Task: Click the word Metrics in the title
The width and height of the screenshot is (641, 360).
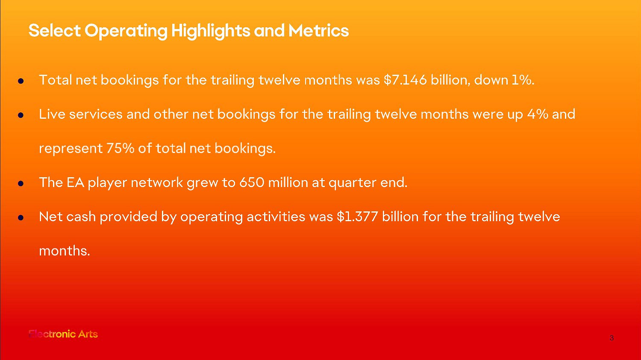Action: [x=318, y=31]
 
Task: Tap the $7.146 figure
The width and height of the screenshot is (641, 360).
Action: [x=405, y=80]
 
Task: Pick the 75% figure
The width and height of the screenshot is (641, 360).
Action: [x=120, y=148]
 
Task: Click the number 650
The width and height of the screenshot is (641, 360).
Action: [x=252, y=182]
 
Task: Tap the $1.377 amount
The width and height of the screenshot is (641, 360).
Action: [x=357, y=217]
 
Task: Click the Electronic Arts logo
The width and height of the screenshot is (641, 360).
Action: [x=63, y=334]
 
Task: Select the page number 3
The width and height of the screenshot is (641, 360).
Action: [x=612, y=338]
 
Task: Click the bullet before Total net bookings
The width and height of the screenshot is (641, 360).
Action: [x=21, y=81]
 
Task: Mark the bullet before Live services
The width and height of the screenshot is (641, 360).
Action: [x=21, y=115]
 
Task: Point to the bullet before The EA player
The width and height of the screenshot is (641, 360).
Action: [x=21, y=183]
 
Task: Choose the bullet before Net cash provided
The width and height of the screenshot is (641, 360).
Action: [x=21, y=218]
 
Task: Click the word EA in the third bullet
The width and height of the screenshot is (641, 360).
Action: [x=75, y=182]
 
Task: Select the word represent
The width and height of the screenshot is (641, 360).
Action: [x=71, y=149]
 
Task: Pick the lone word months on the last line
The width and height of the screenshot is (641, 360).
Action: [x=65, y=251]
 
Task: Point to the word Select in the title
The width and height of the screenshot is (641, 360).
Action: [x=55, y=31]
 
